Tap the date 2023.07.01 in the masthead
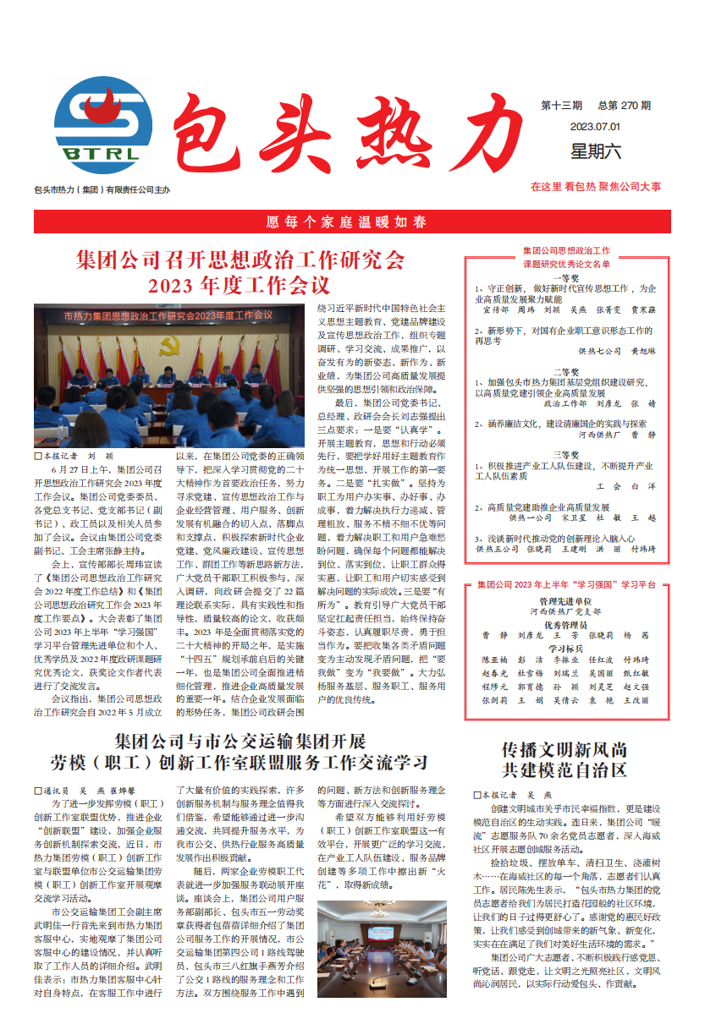click(x=595, y=127)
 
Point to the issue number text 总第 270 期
click(x=624, y=106)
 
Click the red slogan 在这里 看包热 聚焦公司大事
click(x=596, y=186)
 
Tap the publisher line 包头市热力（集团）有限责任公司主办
click(x=102, y=190)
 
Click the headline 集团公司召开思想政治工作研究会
click(x=240, y=259)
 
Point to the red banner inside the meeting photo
click(x=168, y=316)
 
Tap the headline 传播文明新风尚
click(x=564, y=749)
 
